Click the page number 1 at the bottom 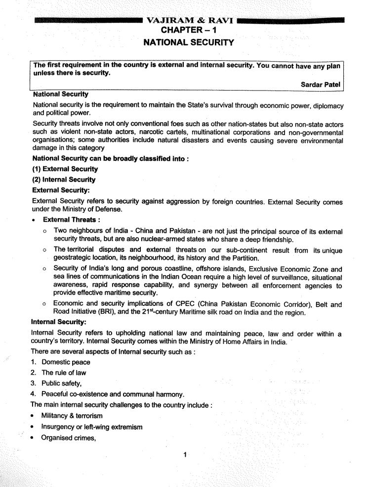[x=184, y=455]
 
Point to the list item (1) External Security [x=65, y=169]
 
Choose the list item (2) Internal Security [x=64, y=179]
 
